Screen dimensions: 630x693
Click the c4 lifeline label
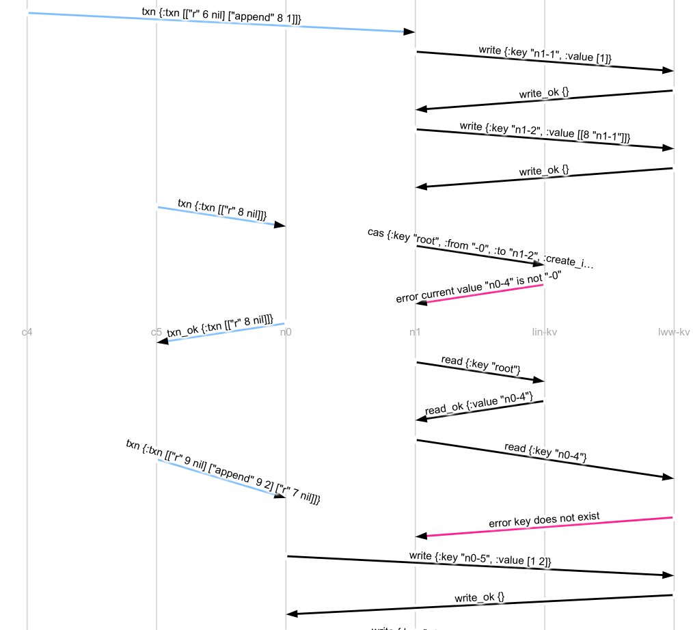coord(27,333)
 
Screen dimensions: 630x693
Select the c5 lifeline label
coord(157,333)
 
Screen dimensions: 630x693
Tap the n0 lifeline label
coord(286,333)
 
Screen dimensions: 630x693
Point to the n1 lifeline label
coord(415,333)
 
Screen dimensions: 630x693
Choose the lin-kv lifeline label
coord(544,333)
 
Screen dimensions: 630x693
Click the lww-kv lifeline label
coord(673,333)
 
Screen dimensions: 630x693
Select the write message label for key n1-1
coord(544,54)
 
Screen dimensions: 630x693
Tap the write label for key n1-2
coord(544,132)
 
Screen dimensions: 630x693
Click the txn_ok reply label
coord(219,326)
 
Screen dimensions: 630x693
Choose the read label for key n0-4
coord(545,452)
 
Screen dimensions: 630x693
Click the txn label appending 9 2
coord(223,471)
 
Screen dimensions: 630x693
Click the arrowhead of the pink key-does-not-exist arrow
coord(421,536)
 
